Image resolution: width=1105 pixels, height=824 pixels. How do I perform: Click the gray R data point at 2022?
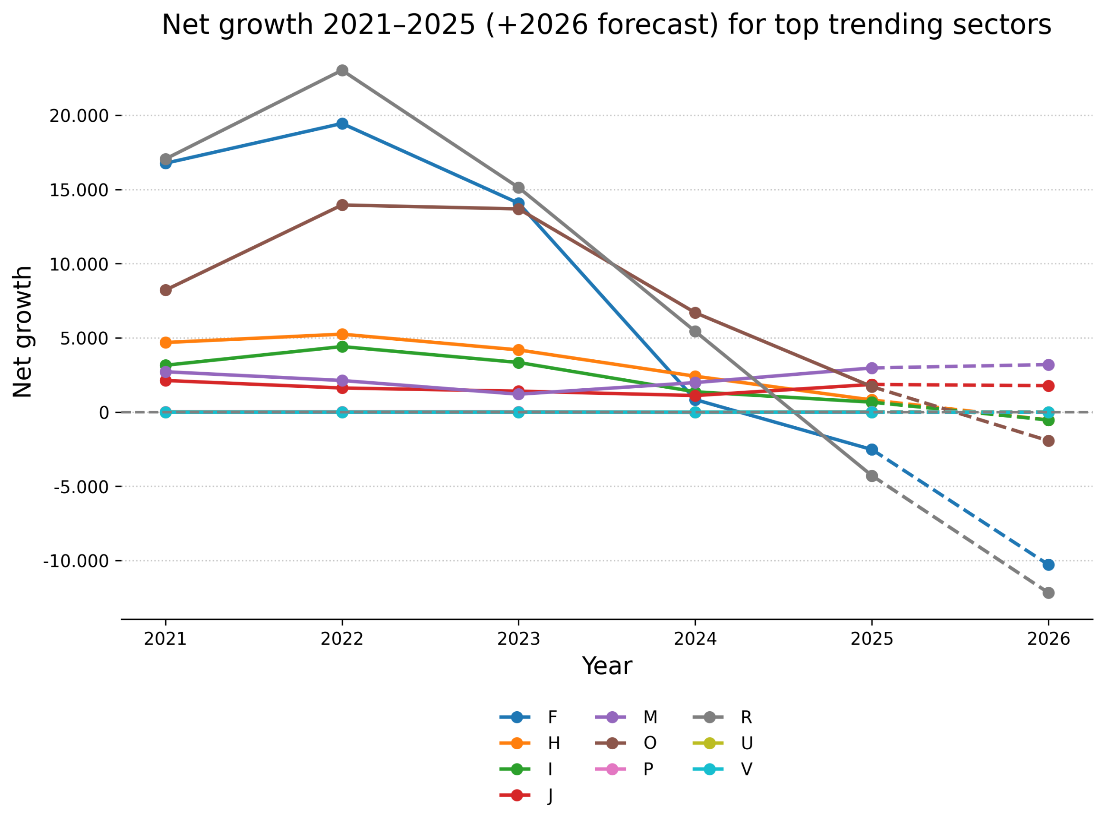coord(342,70)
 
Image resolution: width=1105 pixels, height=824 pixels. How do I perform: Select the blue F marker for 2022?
coord(342,124)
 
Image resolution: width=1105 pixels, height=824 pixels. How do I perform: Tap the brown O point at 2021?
coord(165,290)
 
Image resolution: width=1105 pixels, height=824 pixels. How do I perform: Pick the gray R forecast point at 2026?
coord(1048,593)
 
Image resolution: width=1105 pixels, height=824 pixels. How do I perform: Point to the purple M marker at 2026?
coord(1048,365)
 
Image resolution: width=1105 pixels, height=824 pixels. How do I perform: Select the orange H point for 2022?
coord(342,334)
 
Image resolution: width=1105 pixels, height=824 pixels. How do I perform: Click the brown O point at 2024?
coord(695,313)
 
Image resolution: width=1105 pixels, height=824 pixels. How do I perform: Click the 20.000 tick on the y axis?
coord(79,116)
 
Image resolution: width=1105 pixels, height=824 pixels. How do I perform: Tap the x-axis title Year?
coord(606,666)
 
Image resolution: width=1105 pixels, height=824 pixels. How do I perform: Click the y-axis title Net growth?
coord(22,332)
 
